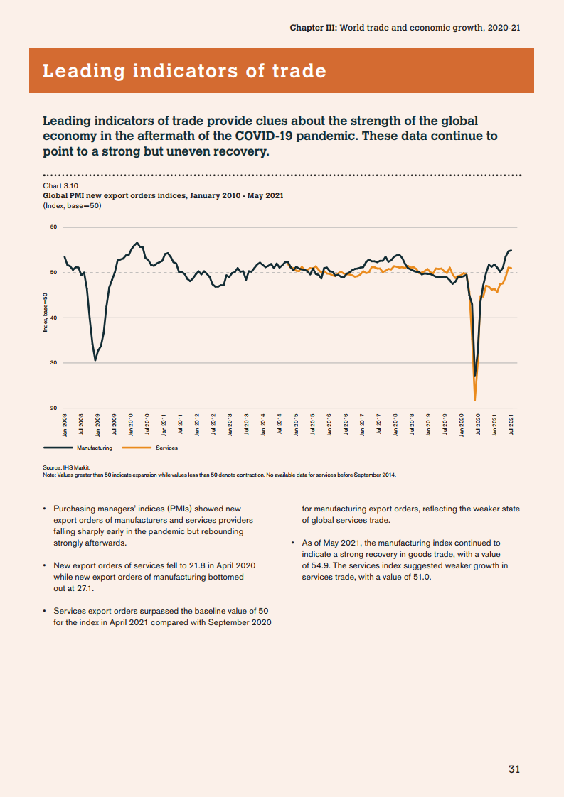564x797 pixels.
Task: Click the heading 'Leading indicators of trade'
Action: tap(185, 71)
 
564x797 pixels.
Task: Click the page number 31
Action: tap(514, 769)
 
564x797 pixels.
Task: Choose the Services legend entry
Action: tap(166, 448)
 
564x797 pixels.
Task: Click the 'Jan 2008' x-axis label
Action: tap(65, 423)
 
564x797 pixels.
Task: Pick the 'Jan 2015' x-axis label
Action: tap(296, 423)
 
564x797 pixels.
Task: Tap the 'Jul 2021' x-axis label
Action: tap(511, 423)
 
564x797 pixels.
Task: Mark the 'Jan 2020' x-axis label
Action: tap(461, 423)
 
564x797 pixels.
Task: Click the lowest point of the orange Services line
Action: tap(474, 400)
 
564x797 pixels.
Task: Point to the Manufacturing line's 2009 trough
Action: tap(95, 360)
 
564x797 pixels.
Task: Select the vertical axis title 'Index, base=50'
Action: tap(45, 313)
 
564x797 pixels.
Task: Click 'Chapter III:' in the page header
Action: tap(314, 28)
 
